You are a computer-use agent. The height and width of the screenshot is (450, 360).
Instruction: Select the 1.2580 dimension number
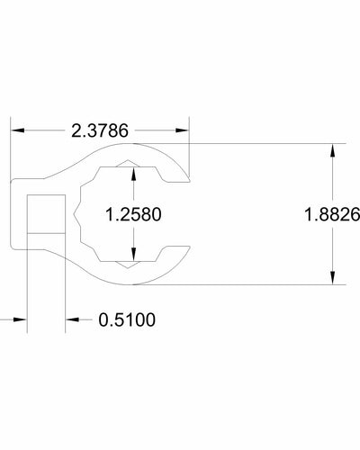click(133, 216)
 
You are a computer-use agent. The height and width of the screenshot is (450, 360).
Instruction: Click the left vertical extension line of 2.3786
click(10, 153)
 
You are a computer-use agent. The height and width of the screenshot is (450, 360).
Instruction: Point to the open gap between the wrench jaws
click(180, 216)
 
